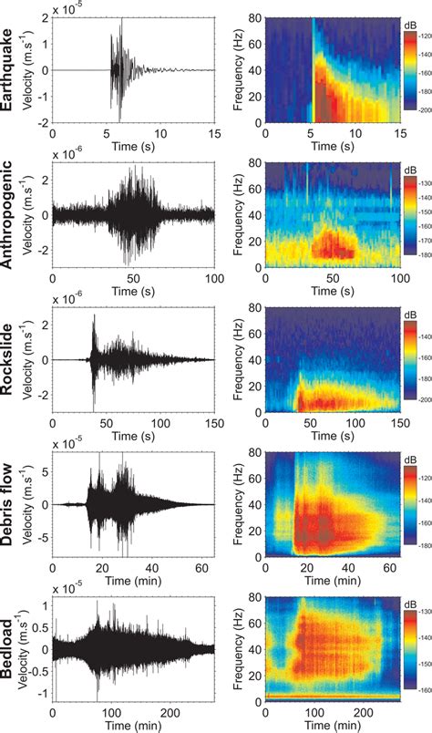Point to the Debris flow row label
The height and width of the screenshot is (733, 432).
coord(13,504)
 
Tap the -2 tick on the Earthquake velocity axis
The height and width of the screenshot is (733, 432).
coord(44,121)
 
